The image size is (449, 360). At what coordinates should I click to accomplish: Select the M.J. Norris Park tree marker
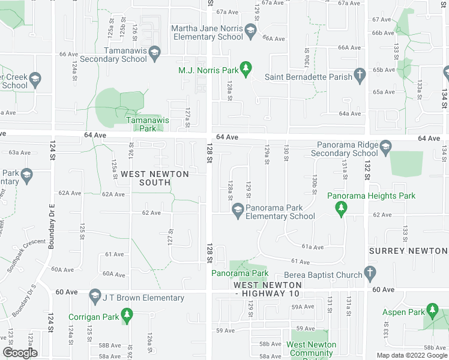click(246, 70)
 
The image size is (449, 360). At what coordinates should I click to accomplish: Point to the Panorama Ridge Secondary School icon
click(385, 146)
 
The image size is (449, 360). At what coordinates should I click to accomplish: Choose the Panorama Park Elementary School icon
click(238, 209)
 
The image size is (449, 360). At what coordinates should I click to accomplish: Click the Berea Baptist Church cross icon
click(370, 275)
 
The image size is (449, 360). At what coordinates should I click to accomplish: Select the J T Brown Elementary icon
click(94, 296)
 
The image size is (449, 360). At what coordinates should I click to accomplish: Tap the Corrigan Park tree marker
click(126, 314)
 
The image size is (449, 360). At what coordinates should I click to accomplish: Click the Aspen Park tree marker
click(432, 310)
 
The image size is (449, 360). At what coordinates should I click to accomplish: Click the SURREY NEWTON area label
click(408, 251)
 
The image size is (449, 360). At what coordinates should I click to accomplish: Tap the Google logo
click(20, 352)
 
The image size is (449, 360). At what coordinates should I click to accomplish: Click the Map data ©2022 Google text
click(411, 355)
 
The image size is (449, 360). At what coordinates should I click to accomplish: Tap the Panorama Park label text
click(240, 274)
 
